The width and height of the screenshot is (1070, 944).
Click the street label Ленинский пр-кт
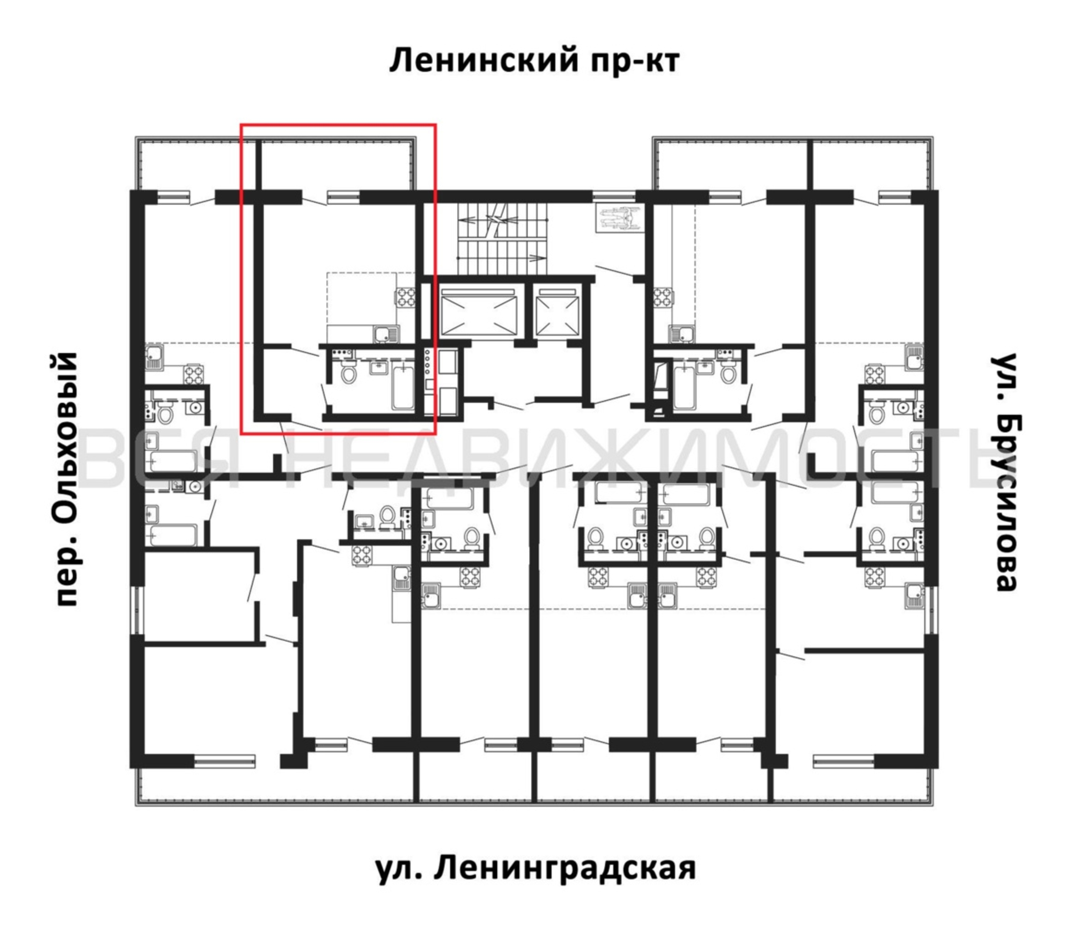(535, 61)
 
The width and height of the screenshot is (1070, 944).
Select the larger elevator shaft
(479, 312)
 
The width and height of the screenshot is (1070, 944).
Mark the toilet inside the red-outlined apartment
(348, 372)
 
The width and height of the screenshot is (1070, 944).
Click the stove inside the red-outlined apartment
(405, 298)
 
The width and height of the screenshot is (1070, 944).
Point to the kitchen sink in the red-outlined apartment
(386, 333)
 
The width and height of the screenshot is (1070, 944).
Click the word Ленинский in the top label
(484, 61)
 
